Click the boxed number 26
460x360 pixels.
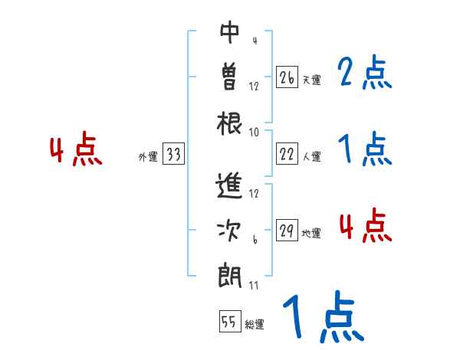point(287,77)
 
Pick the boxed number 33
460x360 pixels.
point(173,155)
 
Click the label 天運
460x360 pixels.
point(311,80)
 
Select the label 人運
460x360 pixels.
point(311,157)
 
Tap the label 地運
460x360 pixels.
point(311,234)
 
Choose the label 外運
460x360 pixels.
point(148,157)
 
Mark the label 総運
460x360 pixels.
point(255,325)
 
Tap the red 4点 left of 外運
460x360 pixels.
point(76,150)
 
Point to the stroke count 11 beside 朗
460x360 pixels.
point(253,286)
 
